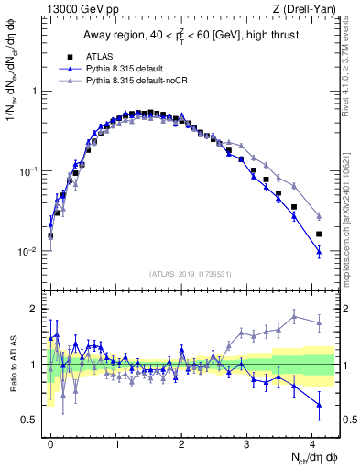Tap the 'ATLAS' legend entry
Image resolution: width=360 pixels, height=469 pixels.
(106, 56)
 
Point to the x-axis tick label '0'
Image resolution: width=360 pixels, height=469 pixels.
(50, 442)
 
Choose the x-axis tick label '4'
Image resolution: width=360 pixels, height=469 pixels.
(312, 442)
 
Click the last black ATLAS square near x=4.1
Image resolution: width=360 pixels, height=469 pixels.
(319, 234)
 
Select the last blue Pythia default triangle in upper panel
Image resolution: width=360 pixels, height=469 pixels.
(319, 250)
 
